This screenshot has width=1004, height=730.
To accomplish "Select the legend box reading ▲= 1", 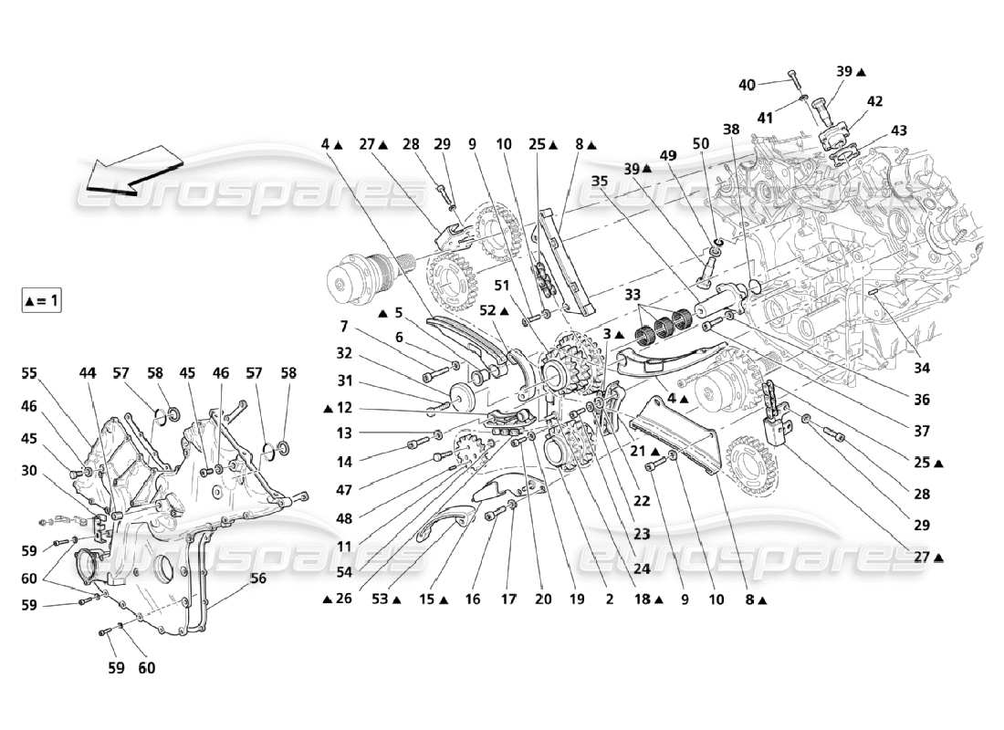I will tap(42, 300).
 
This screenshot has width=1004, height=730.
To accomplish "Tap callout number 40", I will tap(747, 84).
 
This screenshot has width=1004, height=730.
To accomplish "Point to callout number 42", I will tap(874, 101).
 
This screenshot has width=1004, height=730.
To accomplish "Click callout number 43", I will tap(898, 130).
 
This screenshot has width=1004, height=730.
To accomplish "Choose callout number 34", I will tap(922, 368).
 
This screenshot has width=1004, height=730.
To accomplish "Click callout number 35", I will tap(599, 181).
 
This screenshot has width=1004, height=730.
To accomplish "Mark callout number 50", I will tap(700, 144).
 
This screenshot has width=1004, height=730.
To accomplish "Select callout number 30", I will tap(31, 470).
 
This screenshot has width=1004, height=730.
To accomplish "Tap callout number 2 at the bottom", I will tap(609, 600).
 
